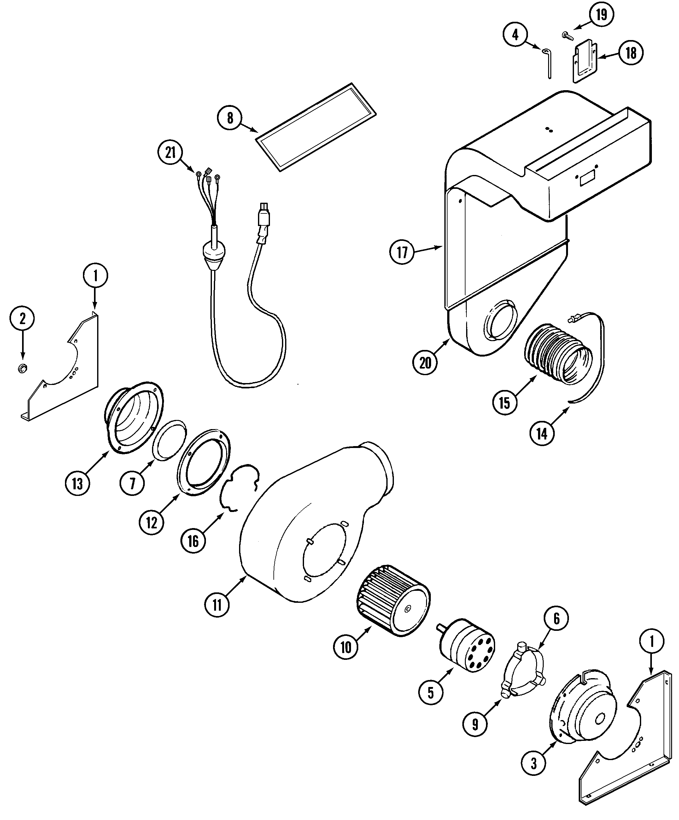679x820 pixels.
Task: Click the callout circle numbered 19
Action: pyautogui.click(x=601, y=15)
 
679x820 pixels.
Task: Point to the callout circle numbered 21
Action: pyautogui.click(x=170, y=153)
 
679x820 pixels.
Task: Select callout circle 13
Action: pyautogui.click(x=77, y=483)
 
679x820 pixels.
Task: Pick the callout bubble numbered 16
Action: pyautogui.click(x=193, y=541)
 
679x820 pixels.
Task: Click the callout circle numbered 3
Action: pyautogui.click(x=534, y=763)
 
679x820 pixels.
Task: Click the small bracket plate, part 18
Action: pyautogui.click(x=585, y=62)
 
